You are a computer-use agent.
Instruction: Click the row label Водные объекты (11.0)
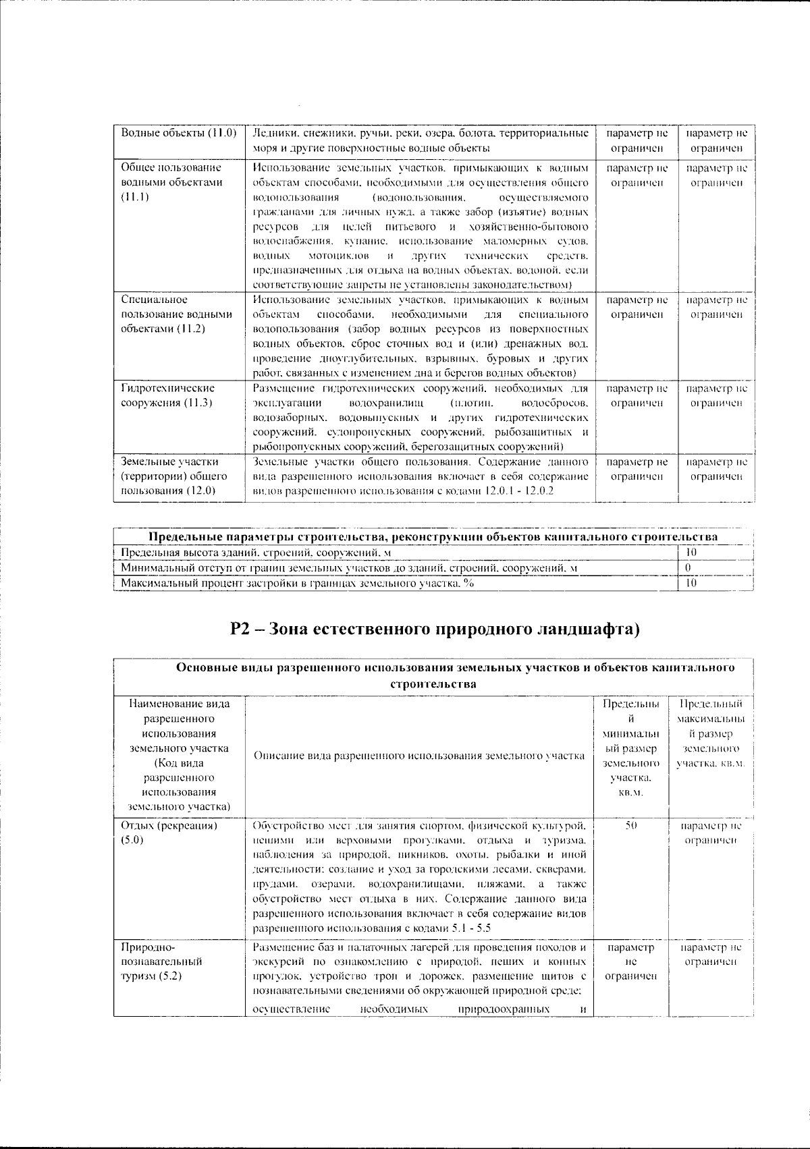[178, 133]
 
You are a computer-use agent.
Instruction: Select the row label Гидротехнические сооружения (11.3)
[168, 395]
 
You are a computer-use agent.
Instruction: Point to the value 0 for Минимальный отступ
[687, 568]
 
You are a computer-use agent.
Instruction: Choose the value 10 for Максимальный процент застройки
[691, 583]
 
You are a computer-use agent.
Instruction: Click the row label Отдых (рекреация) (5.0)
[169, 833]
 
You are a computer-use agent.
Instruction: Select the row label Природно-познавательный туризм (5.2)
[161, 961]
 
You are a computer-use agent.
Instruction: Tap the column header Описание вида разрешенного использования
[418, 756]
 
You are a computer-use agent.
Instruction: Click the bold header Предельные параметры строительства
[432, 537]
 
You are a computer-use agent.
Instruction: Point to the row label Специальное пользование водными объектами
[176, 314]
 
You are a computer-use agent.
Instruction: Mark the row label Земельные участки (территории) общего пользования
[173, 476]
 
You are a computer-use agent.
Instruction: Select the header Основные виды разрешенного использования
[455, 668]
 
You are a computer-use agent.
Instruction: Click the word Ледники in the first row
[271, 133]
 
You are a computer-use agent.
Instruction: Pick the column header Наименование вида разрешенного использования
[179, 755]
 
